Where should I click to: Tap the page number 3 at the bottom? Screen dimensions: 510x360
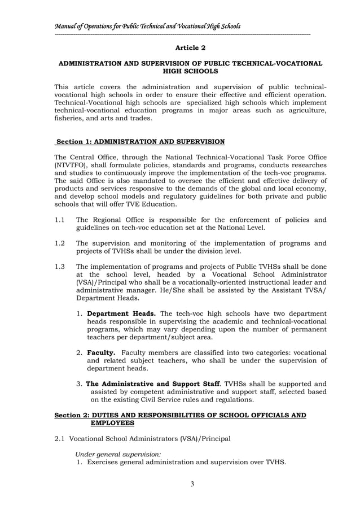(191, 485)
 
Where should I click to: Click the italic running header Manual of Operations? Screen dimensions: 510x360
(147, 26)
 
